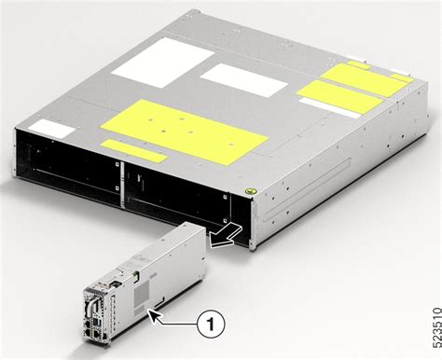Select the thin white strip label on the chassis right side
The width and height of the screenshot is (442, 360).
click(328, 109)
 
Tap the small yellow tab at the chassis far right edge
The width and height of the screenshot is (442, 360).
click(401, 76)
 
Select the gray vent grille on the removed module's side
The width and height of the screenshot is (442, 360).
click(140, 290)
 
